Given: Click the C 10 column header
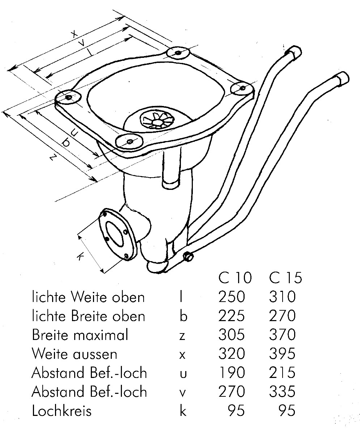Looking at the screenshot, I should click(x=234, y=278).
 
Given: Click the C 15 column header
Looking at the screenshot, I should click(x=285, y=278).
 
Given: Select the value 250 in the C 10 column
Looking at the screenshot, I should click(x=232, y=297).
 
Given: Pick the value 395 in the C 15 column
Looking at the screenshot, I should click(x=282, y=354).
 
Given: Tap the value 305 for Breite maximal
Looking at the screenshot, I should click(x=232, y=335).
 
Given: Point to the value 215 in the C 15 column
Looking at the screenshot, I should click(x=282, y=373).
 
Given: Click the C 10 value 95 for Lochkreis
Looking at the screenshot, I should click(x=236, y=410).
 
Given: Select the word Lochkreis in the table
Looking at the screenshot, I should click(x=62, y=410).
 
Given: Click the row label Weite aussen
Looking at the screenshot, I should click(x=75, y=354).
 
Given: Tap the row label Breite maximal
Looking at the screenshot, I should click(x=80, y=335).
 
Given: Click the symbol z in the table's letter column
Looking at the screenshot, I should click(x=182, y=336).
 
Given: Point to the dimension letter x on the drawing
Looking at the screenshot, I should click(x=74, y=34).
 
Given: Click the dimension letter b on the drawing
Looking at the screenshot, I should click(x=66, y=143).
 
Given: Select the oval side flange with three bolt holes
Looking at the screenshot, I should click(x=117, y=233).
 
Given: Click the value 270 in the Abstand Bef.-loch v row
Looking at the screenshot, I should click(x=232, y=391).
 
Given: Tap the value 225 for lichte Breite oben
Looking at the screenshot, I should click(x=232, y=316).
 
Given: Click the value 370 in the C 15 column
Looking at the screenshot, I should click(x=282, y=335).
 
